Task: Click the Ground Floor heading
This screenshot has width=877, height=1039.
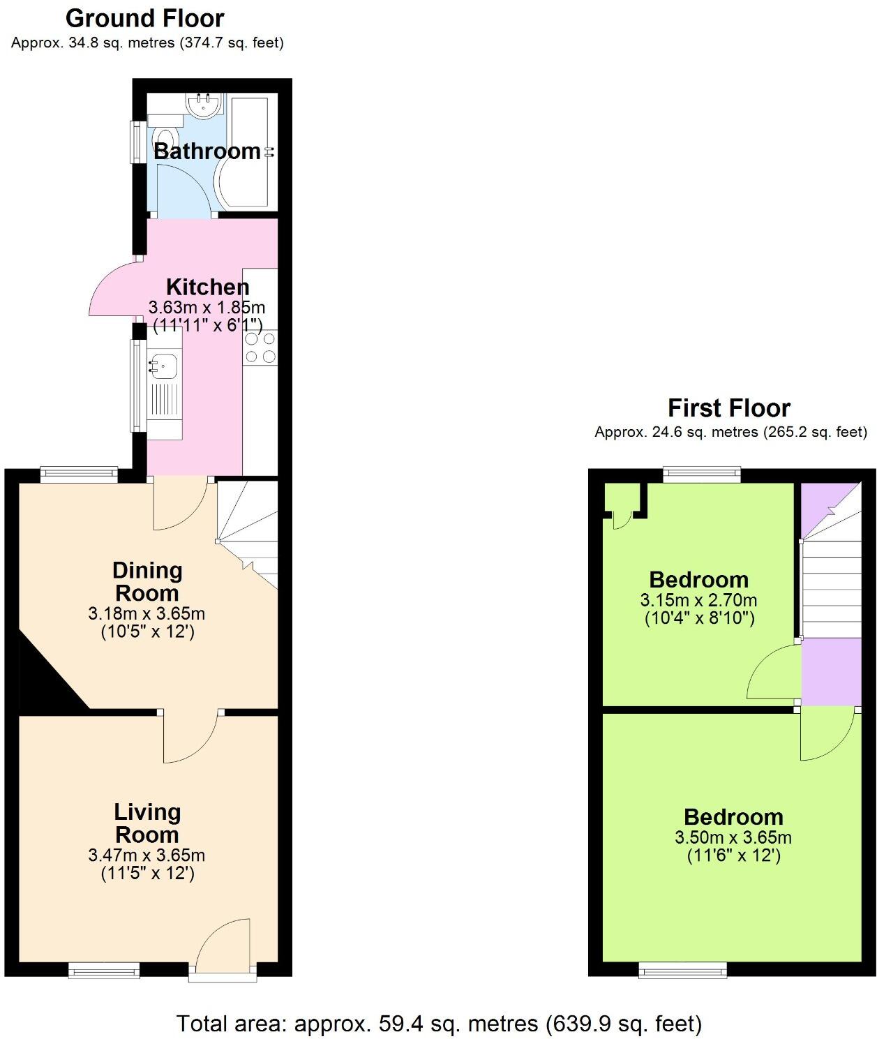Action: pyautogui.click(x=145, y=18)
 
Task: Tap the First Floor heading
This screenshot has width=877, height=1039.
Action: pyautogui.click(x=729, y=408)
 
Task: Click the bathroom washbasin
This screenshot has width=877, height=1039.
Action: pyautogui.click(x=204, y=105)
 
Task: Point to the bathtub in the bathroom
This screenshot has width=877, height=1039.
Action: pyautogui.click(x=249, y=151)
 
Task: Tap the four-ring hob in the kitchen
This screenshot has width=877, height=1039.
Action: pyautogui.click(x=260, y=347)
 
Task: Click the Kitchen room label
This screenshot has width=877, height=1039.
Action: pyautogui.click(x=207, y=287)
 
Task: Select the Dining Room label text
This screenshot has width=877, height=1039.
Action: pyautogui.click(x=147, y=581)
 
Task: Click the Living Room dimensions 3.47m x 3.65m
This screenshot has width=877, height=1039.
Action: pyautogui.click(x=147, y=855)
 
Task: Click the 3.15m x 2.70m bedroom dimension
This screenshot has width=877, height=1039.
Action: pyautogui.click(x=698, y=600)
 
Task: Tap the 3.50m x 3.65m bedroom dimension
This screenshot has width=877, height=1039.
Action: pyautogui.click(x=733, y=837)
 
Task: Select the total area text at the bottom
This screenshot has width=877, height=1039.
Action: pyautogui.click(x=439, y=1024)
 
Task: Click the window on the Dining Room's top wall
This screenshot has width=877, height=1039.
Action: pyautogui.click(x=79, y=474)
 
